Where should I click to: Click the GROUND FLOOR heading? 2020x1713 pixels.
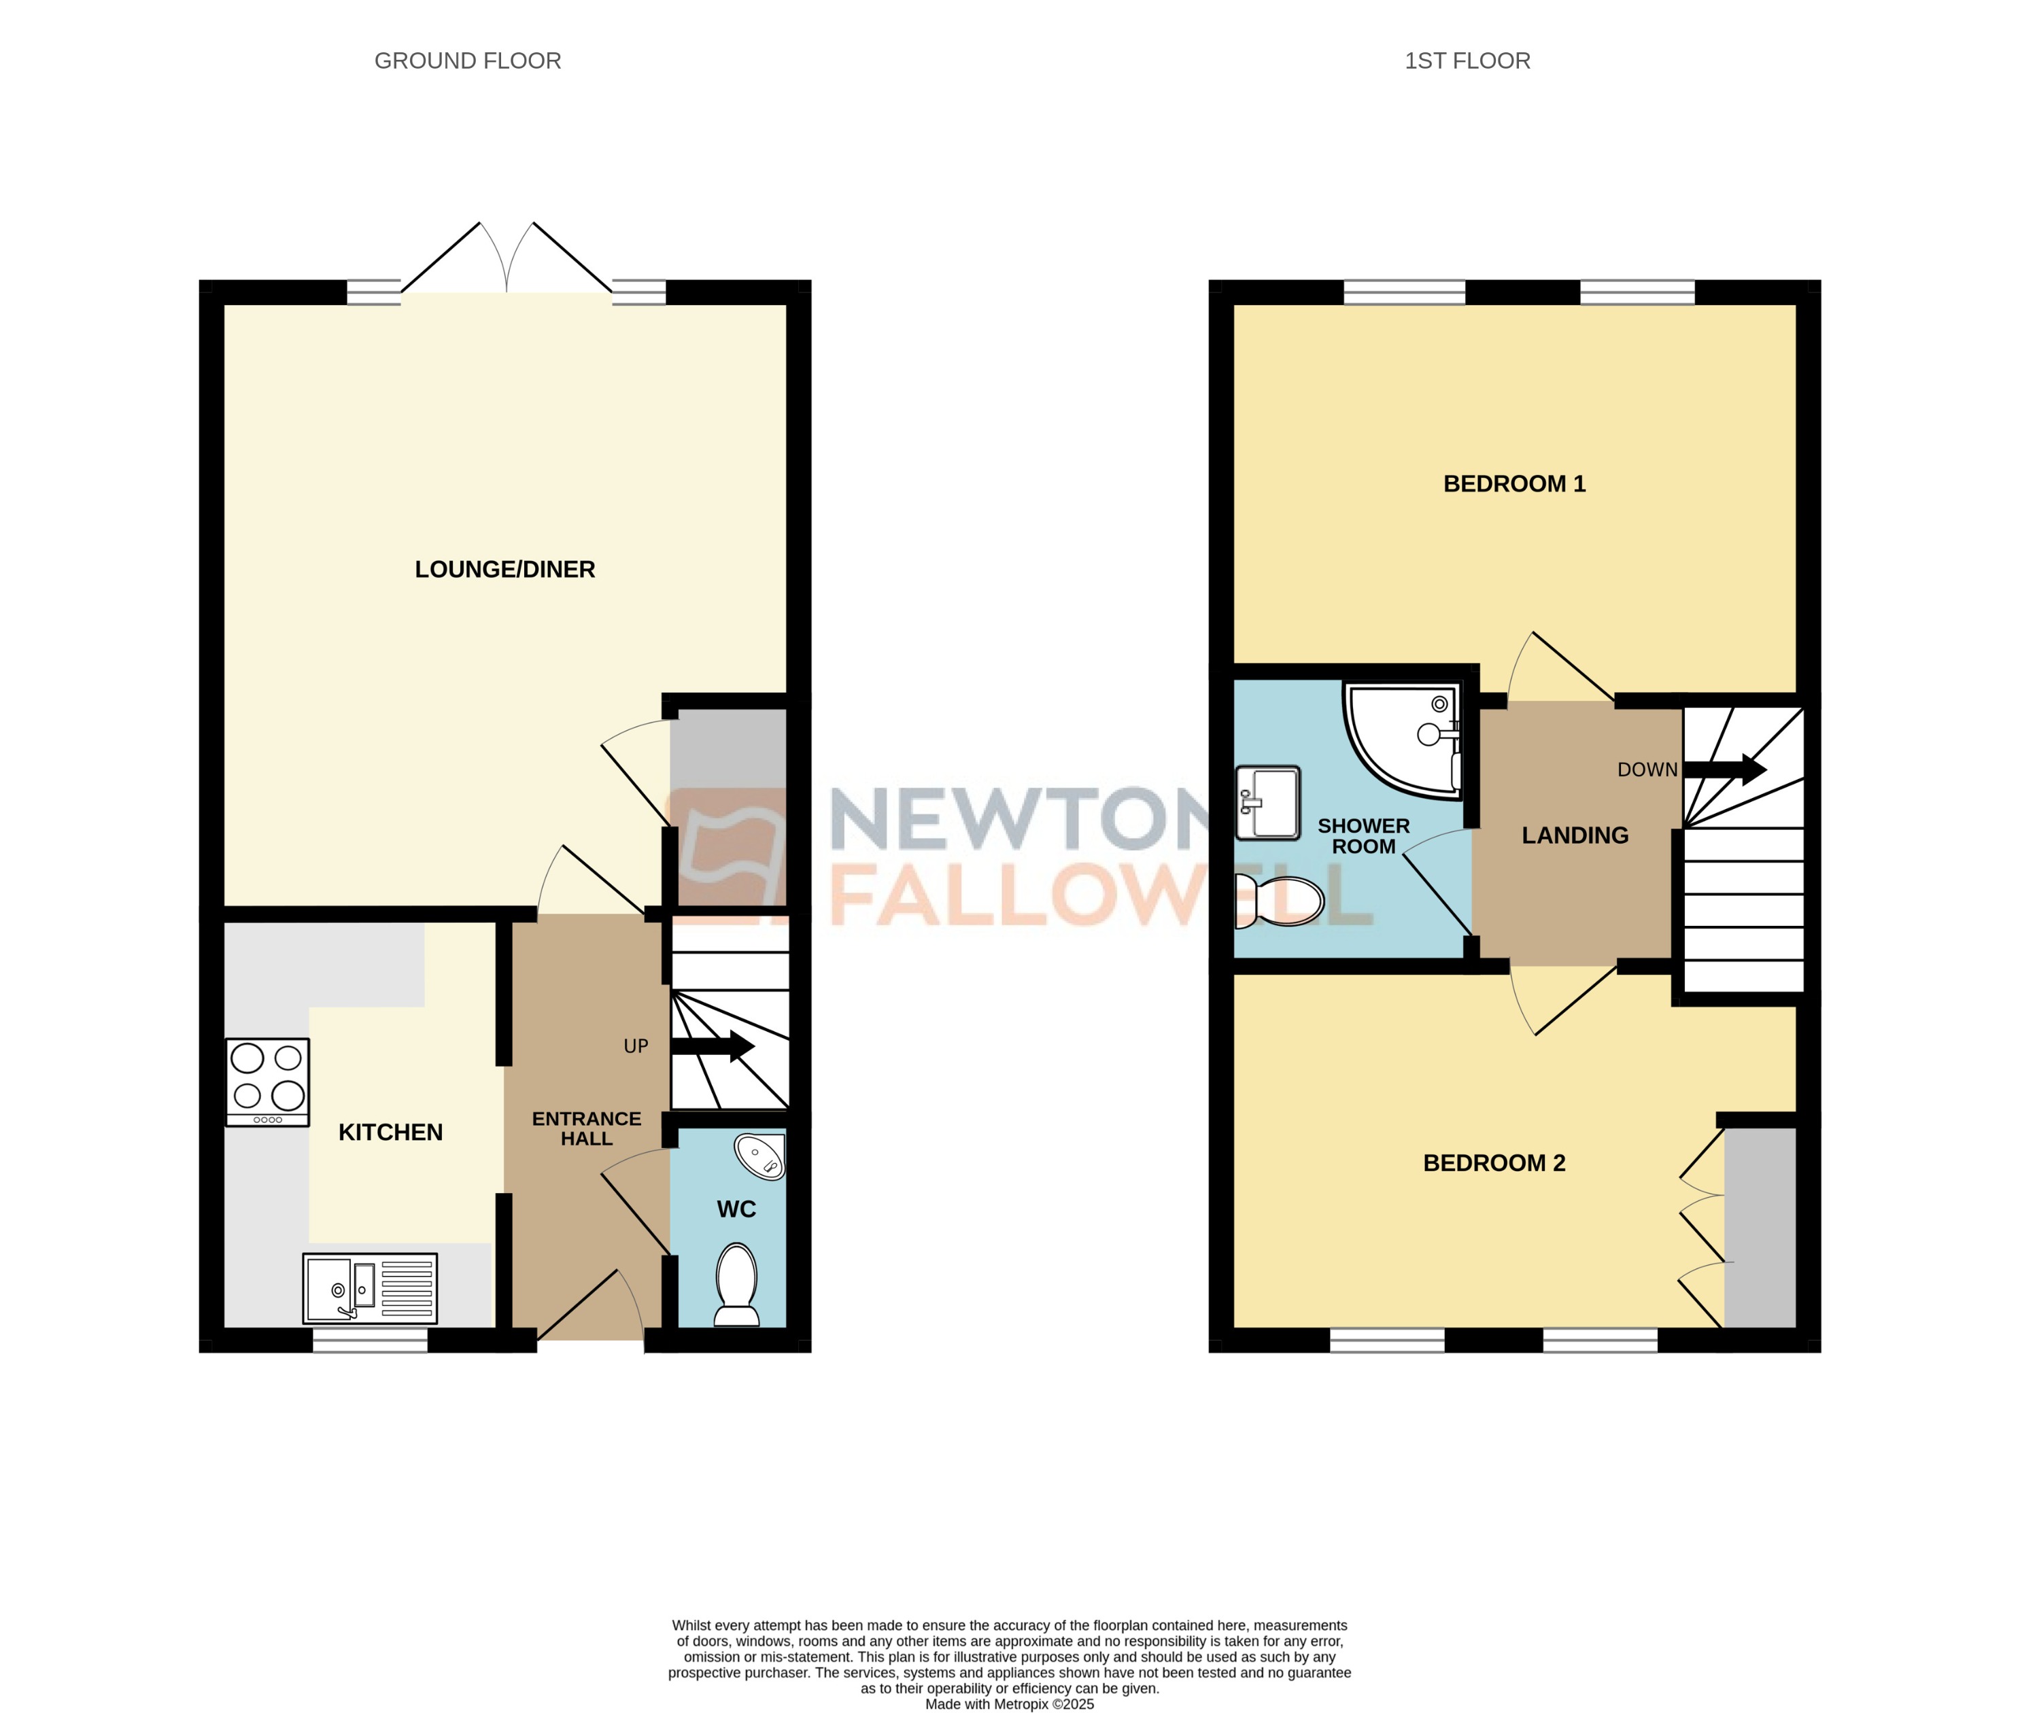pyautogui.click(x=467, y=61)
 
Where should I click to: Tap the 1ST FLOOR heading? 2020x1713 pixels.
pyautogui.click(x=1467, y=61)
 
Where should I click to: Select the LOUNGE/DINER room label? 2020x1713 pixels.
pyautogui.click(x=504, y=569)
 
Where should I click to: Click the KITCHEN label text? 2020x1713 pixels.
pyautogui.click(x=390, y=1132)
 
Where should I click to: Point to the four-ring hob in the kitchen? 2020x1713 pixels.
pyautogui.click(x=267, y=1081)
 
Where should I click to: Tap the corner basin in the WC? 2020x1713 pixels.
pyautogui.click(x=760, y=1156)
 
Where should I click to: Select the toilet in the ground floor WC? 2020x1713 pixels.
pyautogui.click(x=736, y=1284)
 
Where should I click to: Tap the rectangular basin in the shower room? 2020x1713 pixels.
pyautogui.click(x=1267, y=802)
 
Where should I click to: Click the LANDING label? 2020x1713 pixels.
pyautogui.click(x=1574, y=835)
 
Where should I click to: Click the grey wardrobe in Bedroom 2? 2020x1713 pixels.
pyautogui.click(x=1760, y=1228)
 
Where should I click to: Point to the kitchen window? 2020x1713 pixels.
pyautogui.click(x=369, y=1340)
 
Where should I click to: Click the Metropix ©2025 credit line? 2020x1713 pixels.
pyautogui.click(x=1009, y=1703)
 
